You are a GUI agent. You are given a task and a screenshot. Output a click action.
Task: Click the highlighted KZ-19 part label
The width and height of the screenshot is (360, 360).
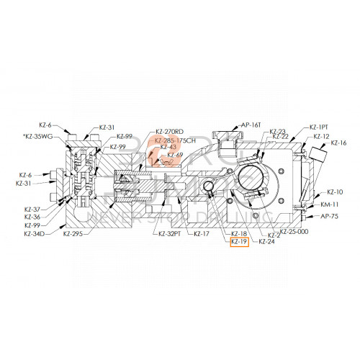point(239,243)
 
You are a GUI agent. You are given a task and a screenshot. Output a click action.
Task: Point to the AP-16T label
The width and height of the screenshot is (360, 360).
point(251,124)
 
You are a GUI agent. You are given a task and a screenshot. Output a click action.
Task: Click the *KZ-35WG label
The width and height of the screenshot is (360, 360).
point(39,136)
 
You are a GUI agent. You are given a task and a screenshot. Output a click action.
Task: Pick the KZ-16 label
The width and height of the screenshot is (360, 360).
point(338,143)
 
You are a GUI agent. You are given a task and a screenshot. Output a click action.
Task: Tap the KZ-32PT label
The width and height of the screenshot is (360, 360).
point(168,234)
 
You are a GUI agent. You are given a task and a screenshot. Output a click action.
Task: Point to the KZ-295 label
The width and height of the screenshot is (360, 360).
point(73,234)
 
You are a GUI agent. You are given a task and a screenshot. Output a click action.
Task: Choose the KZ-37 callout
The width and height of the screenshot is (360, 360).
point(32,210)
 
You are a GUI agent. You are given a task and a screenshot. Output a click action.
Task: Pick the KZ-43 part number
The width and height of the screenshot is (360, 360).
point(167,147)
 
